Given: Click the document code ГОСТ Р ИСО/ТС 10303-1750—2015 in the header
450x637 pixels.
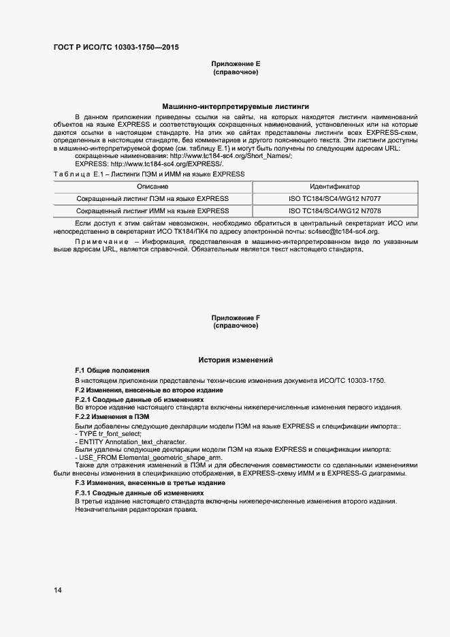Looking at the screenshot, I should point(116,47).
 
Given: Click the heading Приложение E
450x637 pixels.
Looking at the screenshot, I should point(236,63).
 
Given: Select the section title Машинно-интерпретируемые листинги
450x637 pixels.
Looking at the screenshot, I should point(236,107).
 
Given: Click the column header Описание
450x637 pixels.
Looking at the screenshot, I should point(152,187).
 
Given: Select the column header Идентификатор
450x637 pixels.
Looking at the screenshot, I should point(334,187).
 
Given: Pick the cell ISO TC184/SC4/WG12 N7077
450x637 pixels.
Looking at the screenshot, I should point(334,199).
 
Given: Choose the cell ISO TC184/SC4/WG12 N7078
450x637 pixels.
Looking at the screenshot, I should point(334,211).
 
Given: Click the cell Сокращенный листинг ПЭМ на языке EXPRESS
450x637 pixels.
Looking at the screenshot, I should point(152,199).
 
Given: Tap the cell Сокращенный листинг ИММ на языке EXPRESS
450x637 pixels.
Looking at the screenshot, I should point(152,211).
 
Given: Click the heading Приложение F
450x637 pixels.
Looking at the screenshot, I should point(236,317).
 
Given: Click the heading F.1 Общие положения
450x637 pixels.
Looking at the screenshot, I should point(112,370).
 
